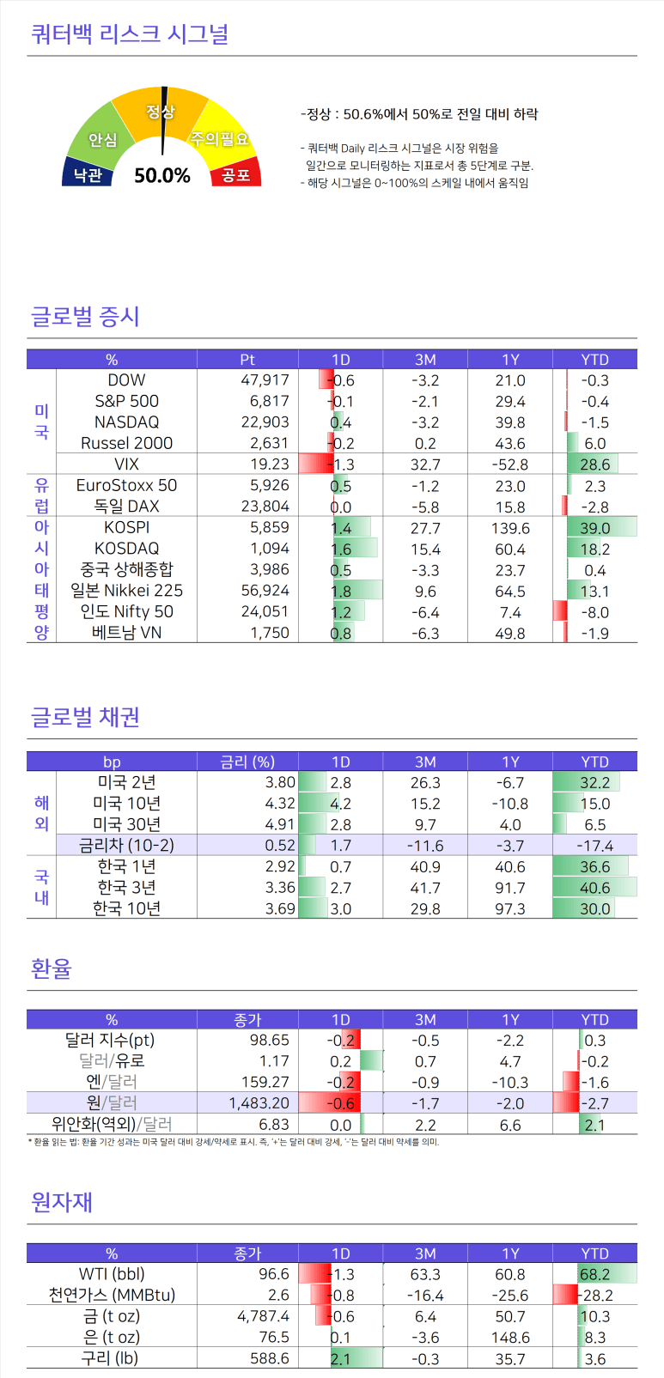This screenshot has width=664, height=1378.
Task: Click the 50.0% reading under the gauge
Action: pyautogui.click(x=162, y=175)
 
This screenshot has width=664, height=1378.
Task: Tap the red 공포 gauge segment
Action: pyautogui.click(x=235, y=174)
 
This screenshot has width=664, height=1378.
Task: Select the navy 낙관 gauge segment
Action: pyautogui.click(x=87, y=174)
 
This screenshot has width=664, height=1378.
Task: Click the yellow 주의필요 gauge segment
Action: pyautogui.click(x=220, y=138)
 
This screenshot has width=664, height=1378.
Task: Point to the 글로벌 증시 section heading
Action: pyautogui.click(x=85, y=316)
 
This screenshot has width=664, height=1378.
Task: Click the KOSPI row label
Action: pyautogui.click(x=126, y=527)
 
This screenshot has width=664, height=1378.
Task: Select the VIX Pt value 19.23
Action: pyautogui.click(x=269, y=464)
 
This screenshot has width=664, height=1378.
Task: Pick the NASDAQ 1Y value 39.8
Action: pyautogui.click(x=510, y=422)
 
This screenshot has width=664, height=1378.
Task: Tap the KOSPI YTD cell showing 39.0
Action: pyautogui.click(x=594, y=528)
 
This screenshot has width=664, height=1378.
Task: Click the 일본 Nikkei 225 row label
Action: pyautogui.click(x=126, y=591)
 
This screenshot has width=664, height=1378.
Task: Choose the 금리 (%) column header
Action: pyautogui.click(x=247, y=762)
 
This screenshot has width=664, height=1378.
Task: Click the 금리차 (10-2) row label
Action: pyautogui.click(x=126, y=845)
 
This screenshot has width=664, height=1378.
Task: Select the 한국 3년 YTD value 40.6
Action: pyautogui.click(x=594, y=888)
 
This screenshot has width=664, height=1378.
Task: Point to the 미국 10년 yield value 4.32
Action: pyautogui.click(x=280, y=804)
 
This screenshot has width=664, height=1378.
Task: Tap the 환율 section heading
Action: pyautogui.click(x=51, y=968)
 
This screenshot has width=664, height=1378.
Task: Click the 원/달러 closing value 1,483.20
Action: pyautogui.click(x=259, y=1102)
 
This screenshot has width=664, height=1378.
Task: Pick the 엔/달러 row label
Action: pyautogui.click(x=112, y=1082)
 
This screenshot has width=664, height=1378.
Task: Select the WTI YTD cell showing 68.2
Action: pyautogui.click(x=594, y=1274)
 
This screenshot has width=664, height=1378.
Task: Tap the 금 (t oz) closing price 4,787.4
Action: pyautogui.click(x=263, y=1316)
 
